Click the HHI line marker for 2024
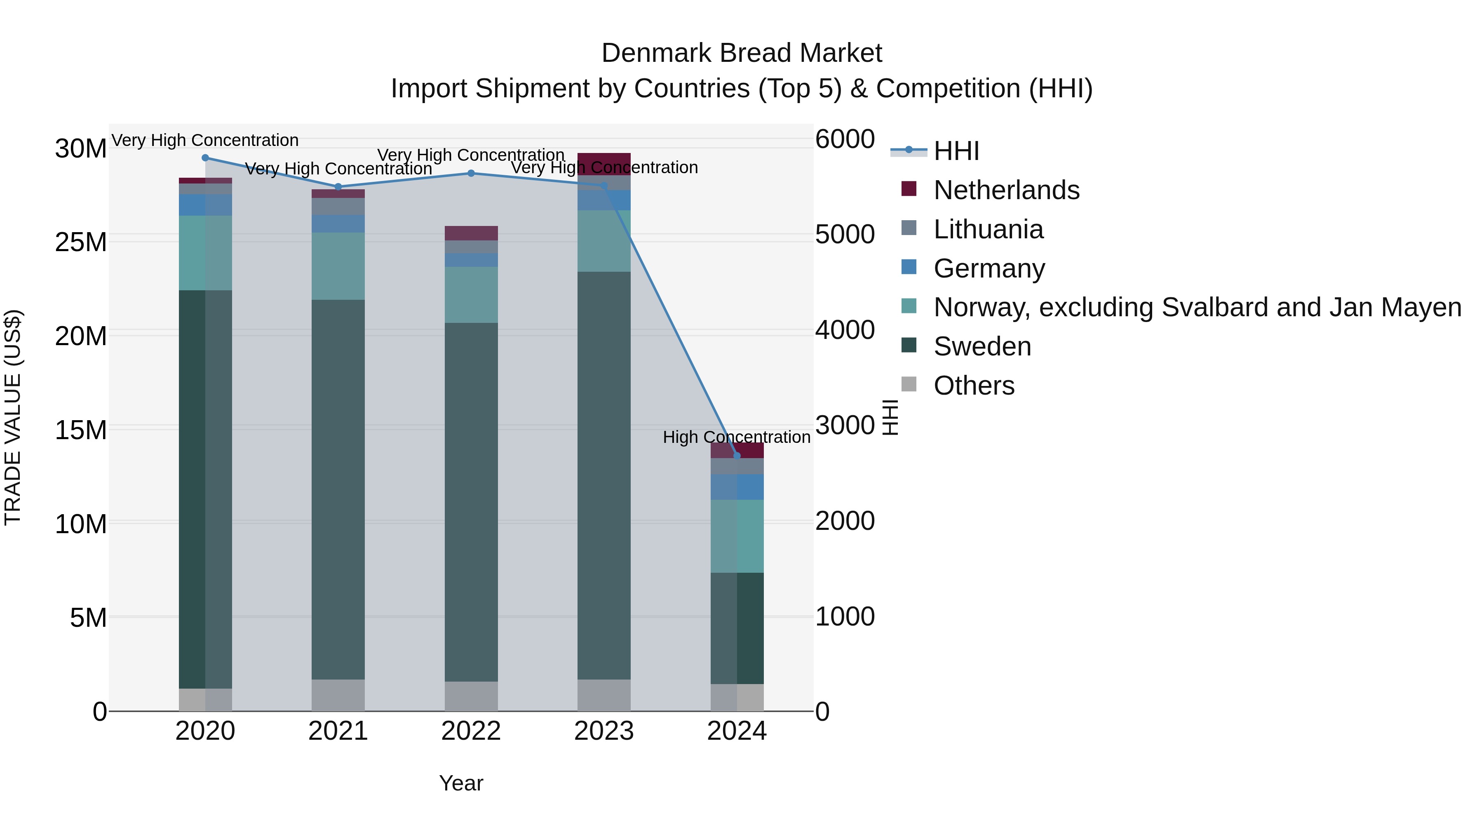click(736, 456)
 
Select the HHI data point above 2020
click(205, 158)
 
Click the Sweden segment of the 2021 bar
click(338, 490)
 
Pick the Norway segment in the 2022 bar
click(471, 294)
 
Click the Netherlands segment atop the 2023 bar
click(604, 161)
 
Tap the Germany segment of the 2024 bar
click(736, 487)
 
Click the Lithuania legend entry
click(988, 229)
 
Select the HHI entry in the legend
click(956, 151)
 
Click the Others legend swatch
click(909, 384)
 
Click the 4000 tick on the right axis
click(845, 330)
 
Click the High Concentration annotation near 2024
click(736, 437)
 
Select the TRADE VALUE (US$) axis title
click(13, 418)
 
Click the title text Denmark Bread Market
click(742, 53)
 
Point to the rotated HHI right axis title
click(890, 418)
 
